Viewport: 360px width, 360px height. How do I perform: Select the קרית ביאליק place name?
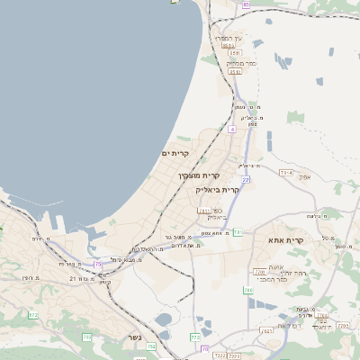click(219, 190)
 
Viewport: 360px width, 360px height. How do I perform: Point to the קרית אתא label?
click(285, 240)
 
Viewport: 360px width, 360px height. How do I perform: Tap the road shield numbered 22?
click(245, 181)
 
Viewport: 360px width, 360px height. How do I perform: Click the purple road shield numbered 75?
click(97, 264)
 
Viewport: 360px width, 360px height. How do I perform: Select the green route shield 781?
click(237, 232)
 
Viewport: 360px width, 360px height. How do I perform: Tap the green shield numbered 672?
click(33, 315)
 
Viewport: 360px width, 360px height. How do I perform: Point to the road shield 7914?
click(286, 172)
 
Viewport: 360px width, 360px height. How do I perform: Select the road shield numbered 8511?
click(233, 54)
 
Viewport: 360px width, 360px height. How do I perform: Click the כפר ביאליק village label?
click(214, 213)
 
